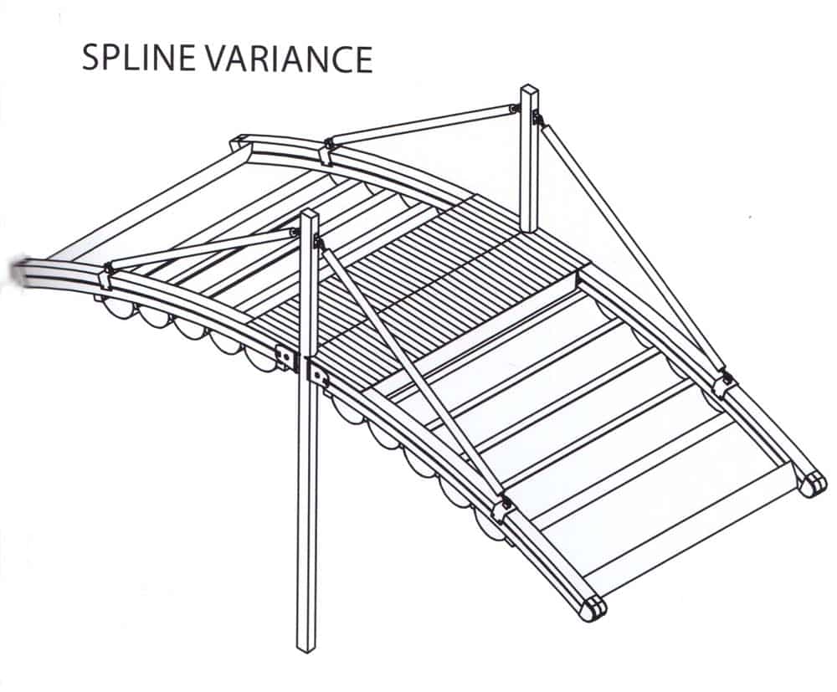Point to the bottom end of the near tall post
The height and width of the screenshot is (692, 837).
pyautogui.click(x=308, y=648)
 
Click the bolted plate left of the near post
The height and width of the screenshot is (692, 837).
pyautogui.click(x=286, y=359)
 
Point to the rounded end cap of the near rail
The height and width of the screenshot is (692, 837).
pyautogui.click(x=593, y=609)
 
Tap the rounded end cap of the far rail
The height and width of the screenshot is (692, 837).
pyautogui.click(x=811, y=485)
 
